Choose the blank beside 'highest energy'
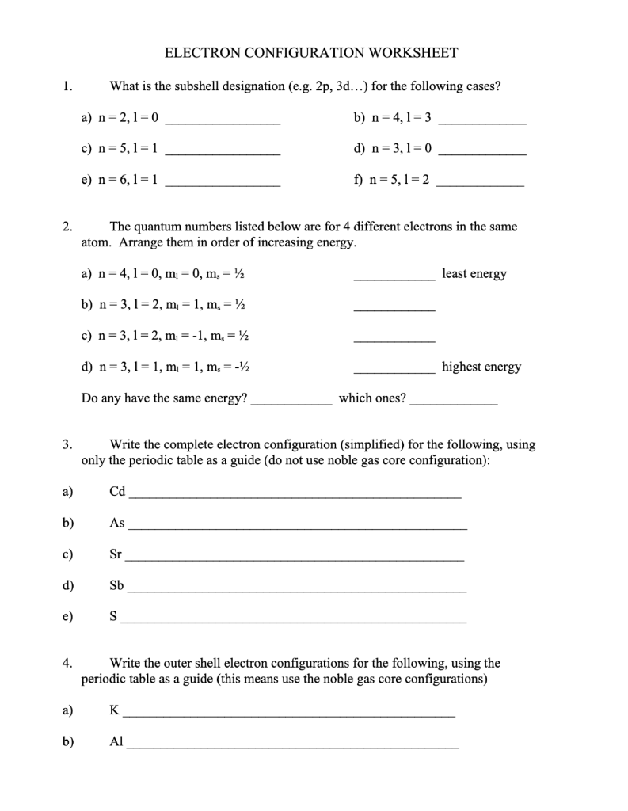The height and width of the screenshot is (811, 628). click(394, 371)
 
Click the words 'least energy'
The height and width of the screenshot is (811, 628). click(474, 274)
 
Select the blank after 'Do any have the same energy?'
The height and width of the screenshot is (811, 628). click(291, 403)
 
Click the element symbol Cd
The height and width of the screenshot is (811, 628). click(117, 492)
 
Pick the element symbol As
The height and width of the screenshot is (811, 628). click(117, 523)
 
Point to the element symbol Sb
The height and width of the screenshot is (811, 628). click(117, 586)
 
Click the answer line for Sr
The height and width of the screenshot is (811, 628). click(295, 559)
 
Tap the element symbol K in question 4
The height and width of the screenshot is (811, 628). click(114, 710)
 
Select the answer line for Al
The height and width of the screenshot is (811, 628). click(293, 747)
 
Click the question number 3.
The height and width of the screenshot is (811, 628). click(68, 445)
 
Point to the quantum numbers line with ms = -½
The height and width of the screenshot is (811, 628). click(167, 367)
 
